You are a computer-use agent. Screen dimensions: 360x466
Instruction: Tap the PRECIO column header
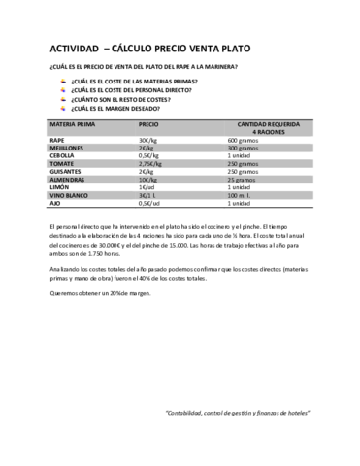click(x=148, y=125)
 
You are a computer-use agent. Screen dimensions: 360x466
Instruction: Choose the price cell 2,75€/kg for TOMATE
click(x=152, y=163)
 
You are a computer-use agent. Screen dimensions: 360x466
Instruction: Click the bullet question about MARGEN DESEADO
click(x=122, y=108)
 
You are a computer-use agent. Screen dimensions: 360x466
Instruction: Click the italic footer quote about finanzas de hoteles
click(x=238, y=412)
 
